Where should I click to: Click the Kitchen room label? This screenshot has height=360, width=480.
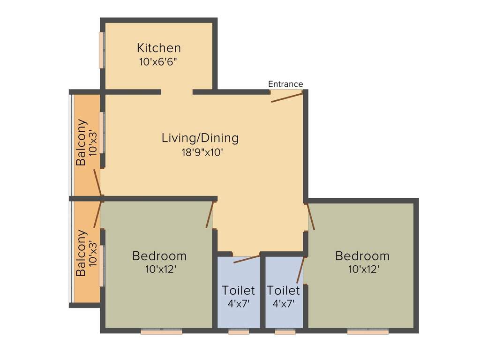pos(159,48)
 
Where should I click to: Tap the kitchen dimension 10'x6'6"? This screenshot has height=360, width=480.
pos(158,62)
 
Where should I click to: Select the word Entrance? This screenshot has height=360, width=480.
pos(285,84)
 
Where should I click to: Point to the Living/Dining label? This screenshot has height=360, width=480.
pos(200,138)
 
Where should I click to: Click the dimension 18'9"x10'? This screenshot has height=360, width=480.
pos(202,152)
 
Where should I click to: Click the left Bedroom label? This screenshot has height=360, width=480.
pos(159,255)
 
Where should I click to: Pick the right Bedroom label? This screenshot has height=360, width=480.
pos(362,255)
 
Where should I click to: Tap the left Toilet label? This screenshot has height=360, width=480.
pos(238,290)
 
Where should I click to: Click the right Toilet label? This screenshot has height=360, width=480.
pos(283,290)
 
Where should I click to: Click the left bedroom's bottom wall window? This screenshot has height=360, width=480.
pos(161,331)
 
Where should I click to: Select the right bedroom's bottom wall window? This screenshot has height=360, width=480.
pos(367,331)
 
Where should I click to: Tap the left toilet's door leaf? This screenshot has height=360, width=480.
pos(247,258)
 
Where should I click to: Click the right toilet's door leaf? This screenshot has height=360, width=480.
pos(301,270)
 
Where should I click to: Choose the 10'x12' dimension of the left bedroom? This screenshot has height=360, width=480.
pos(161,270)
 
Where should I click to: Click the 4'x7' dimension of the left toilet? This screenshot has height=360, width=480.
pos(239,304)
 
